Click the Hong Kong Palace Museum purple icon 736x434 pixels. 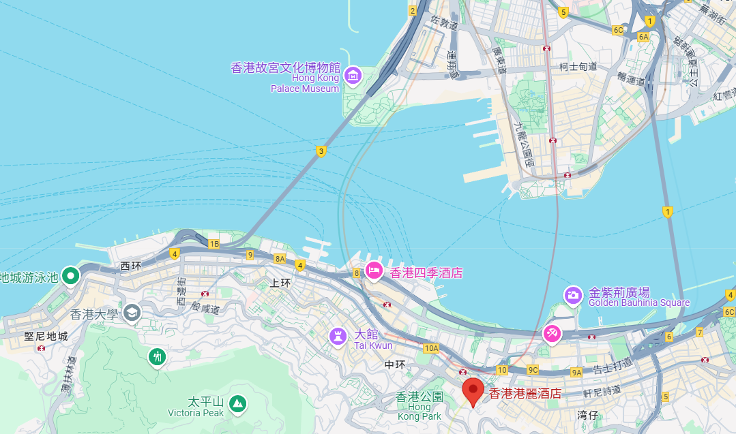click(353, 74)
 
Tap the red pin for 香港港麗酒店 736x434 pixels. click(471, 391)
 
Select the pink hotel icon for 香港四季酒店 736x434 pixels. click(373, 271)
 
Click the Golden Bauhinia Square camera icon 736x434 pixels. click(573, 294)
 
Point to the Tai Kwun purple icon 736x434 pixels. click(337, 335)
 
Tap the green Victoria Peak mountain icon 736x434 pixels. click(237, 403)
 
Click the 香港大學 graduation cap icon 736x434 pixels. click(132, 313)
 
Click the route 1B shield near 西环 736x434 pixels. click(214, 244)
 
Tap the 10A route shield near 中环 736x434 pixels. click(430, 348)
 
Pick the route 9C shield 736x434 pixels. click(533, 370)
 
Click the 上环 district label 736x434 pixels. click(281, 283)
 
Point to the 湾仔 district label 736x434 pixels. click(587, 414)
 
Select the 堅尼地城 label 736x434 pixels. click(46, 336)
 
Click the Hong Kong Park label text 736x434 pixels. click(419, 412)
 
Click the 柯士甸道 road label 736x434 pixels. click(578, 66)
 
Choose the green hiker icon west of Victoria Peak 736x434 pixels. click(158, 356)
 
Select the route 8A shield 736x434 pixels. click(280, 259)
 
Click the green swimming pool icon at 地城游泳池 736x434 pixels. click(70, 276)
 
